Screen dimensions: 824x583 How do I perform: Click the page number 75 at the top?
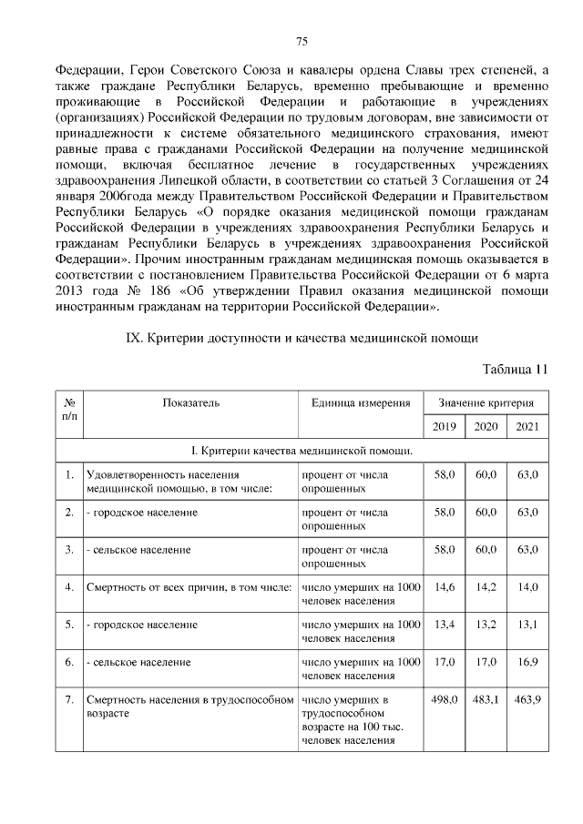click(x=302, y=40)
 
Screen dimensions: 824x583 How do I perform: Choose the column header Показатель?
click(x=191, y=402)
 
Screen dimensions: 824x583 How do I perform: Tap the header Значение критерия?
click(x=486, y=402)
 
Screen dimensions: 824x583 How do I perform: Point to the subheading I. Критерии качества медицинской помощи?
click(x=302, y=451)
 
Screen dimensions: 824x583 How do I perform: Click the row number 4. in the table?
click(x=69, y=587)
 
